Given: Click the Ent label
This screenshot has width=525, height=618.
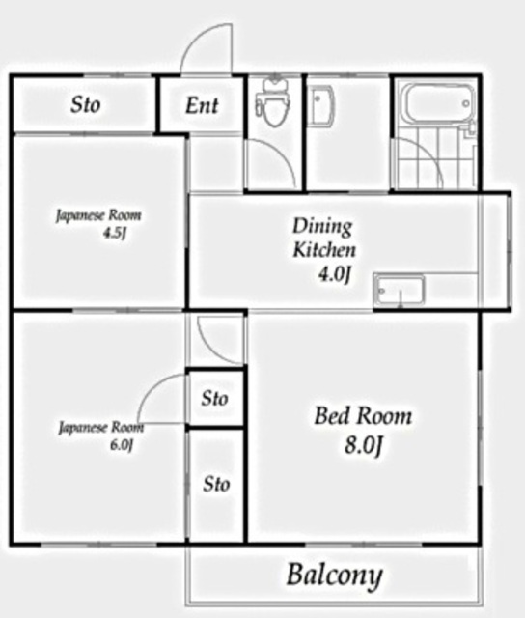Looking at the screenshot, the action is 202,105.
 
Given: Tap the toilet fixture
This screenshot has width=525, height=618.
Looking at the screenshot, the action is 273,102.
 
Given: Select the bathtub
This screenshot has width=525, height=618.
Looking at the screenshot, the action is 439,103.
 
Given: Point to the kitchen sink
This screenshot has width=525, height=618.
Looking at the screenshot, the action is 400,291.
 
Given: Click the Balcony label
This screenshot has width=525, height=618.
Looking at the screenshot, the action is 334,576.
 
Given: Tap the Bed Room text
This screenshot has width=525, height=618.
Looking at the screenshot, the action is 363,416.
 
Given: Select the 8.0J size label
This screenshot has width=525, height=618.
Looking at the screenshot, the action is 364,446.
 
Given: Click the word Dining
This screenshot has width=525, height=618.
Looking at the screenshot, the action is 322,227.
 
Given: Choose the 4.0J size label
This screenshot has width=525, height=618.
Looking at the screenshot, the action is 334,274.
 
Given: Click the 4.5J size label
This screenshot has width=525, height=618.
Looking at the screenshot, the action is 115,234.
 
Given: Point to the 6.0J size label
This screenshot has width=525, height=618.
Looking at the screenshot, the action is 122,445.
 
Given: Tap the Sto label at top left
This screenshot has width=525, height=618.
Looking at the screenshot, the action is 86,105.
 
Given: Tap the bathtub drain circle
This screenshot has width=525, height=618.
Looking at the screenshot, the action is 466,103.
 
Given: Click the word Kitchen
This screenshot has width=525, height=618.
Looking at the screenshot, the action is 324,250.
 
